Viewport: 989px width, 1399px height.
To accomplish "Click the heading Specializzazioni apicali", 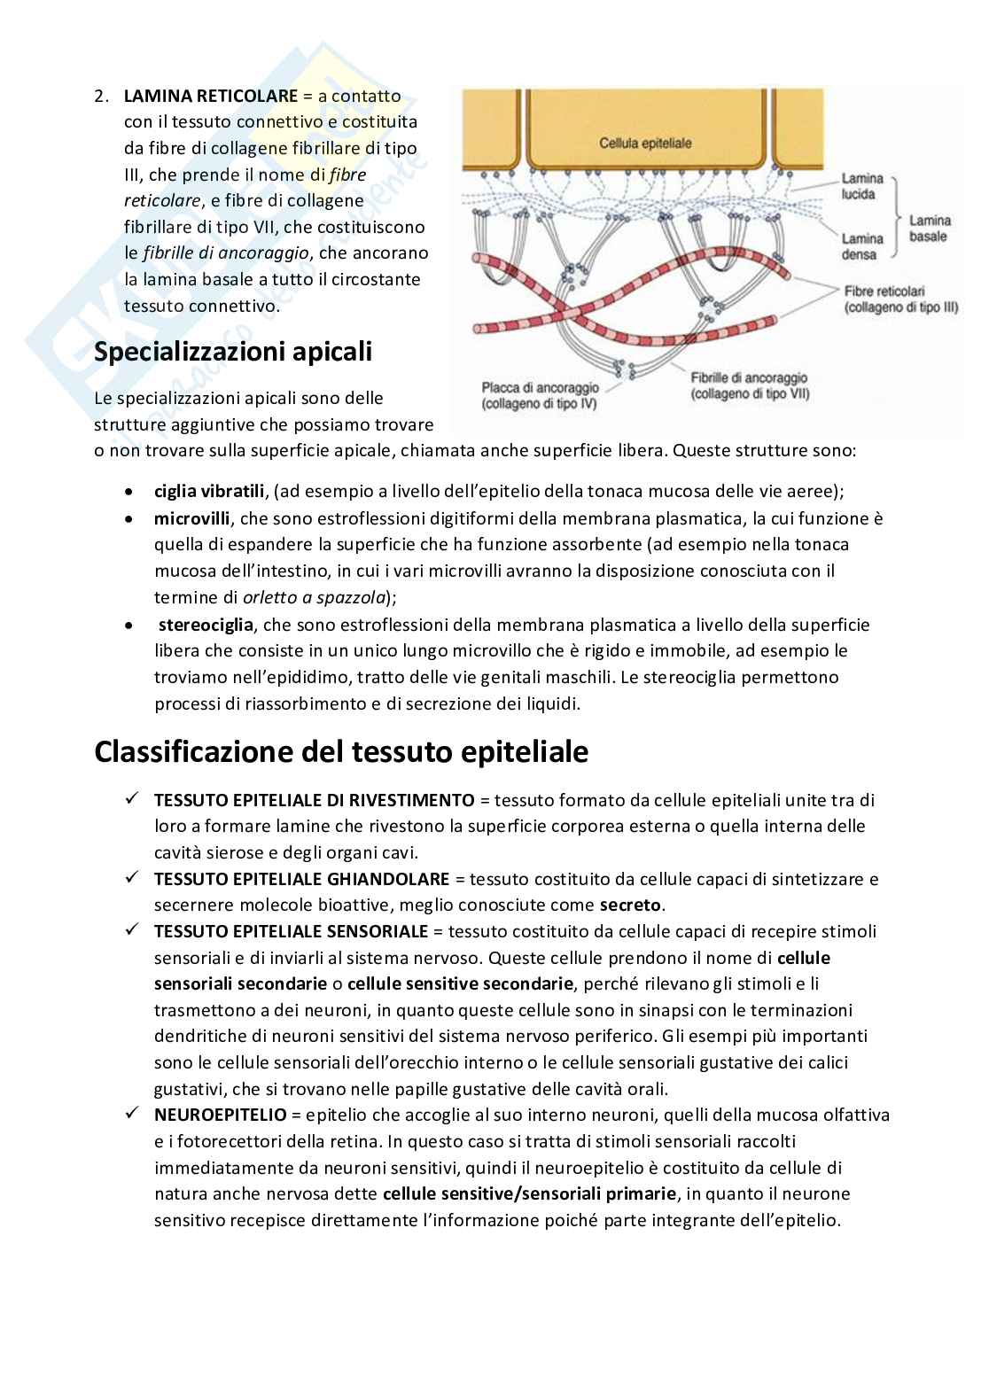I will point(233,352).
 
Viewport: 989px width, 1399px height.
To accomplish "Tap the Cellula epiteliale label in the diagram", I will point(645,142).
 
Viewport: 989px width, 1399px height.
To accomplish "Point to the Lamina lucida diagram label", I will point(862,185).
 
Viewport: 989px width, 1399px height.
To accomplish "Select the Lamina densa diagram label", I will point(862,246).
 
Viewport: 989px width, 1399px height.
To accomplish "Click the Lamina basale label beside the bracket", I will point(930,228).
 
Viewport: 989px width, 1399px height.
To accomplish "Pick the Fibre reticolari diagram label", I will point(901,299).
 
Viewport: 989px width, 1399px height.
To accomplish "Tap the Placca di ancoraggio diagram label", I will point(540,395).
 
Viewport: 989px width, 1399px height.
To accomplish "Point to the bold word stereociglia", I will point(206,625).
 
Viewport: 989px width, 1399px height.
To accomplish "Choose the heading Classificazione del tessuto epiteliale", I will point(341,752).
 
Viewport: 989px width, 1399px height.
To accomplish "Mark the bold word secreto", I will point(631,905).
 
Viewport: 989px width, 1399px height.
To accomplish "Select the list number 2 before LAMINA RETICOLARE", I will point(100,96).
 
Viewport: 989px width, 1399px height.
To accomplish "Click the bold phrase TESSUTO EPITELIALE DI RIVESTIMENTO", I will point(315,800).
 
